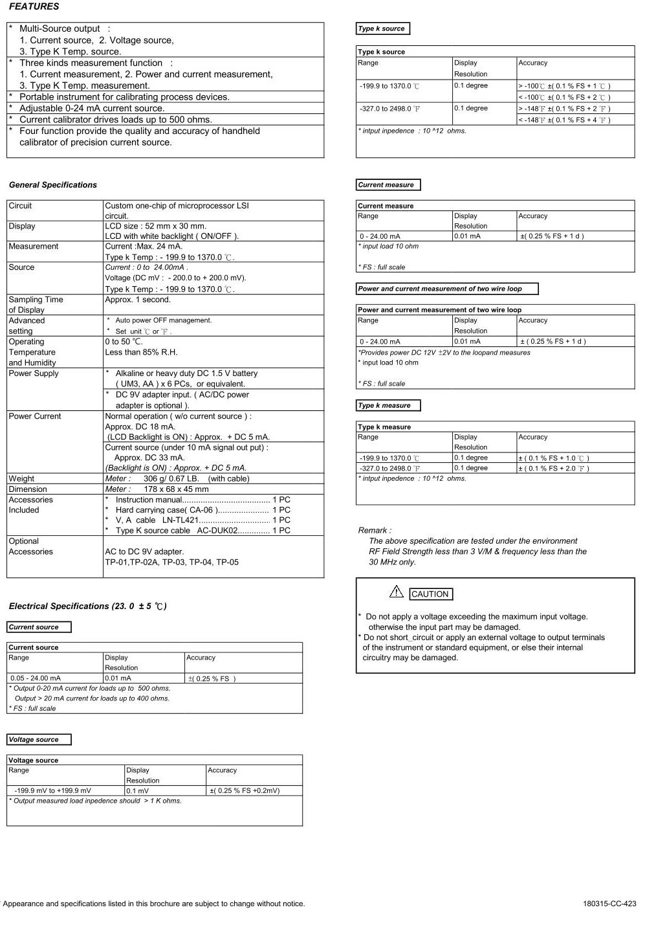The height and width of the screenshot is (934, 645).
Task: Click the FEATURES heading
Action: tap(34, 6)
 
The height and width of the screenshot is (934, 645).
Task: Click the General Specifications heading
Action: tap(53, 185)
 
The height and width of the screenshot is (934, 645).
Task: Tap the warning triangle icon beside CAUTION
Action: tap(396, 592)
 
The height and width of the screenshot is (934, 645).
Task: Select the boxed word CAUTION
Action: tap(430, 594)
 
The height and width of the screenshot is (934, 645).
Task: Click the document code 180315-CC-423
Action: tap(609, 904)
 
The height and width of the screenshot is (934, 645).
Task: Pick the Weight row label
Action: tap(21, 479)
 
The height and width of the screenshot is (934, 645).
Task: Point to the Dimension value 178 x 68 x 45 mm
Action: tap(176, 489)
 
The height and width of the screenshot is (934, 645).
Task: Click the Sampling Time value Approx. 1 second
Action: tap(138, 300)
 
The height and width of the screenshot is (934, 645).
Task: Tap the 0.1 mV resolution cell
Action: tap(138, 790)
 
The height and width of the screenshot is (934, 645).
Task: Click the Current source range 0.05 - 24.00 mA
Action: tap(36, 678)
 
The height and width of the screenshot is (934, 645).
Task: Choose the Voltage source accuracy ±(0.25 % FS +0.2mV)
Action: tap(245, 790)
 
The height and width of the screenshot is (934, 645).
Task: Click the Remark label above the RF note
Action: tap(374, 531)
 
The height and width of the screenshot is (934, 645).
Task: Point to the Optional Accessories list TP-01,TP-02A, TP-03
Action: tap(171, 562)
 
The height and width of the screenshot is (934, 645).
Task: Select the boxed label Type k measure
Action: tap(384, 406)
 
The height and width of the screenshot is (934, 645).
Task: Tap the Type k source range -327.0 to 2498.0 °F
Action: tap(390, 109)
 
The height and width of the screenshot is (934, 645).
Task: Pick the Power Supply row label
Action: tap(34, 373)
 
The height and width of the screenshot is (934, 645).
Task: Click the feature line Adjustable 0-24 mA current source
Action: tap(92, 109)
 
